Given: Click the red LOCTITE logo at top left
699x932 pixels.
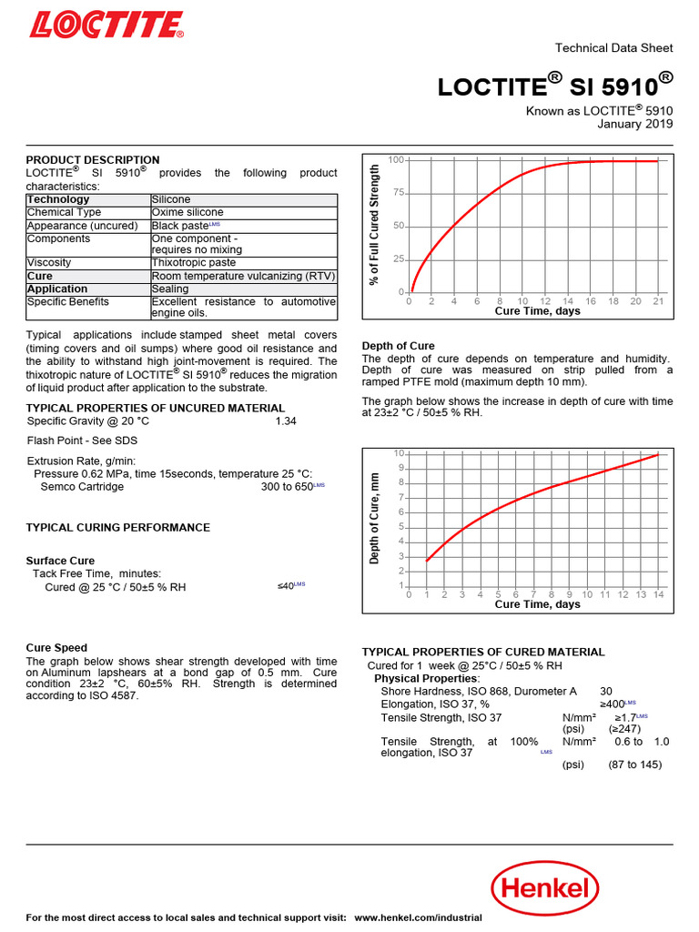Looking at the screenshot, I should [x=106, y=23].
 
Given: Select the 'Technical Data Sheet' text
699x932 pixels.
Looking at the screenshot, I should [x=613, y=48].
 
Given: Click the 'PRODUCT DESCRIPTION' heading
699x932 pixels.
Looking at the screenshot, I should [x=93, y=160].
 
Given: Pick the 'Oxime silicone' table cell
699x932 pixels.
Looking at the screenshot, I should [x=187, y=212].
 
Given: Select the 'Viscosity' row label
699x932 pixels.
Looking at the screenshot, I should [x=49, y=262].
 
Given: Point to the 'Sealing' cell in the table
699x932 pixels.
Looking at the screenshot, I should [x=170, y=289].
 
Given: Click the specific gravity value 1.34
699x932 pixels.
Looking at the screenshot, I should [x=285, y=421].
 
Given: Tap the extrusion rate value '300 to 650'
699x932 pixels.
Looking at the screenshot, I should [x=286, y=487].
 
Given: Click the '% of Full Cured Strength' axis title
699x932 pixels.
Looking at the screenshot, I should [x=374, y=225].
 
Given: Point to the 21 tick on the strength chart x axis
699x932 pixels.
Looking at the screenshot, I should [x=658, y=301].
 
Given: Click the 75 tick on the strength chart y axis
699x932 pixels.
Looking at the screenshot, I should [x=398, y=193].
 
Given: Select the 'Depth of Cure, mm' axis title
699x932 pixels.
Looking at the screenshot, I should [x=374, y=517].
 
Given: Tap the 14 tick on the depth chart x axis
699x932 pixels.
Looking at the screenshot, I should [x=658, y=594].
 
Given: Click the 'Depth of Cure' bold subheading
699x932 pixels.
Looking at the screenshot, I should [x=398, y=346].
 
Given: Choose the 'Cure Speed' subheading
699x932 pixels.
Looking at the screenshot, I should [x=56, y=648].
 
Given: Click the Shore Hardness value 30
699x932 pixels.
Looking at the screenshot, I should [x=606, y=692].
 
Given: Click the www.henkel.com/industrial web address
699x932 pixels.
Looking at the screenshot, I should [x=418, y=917].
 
